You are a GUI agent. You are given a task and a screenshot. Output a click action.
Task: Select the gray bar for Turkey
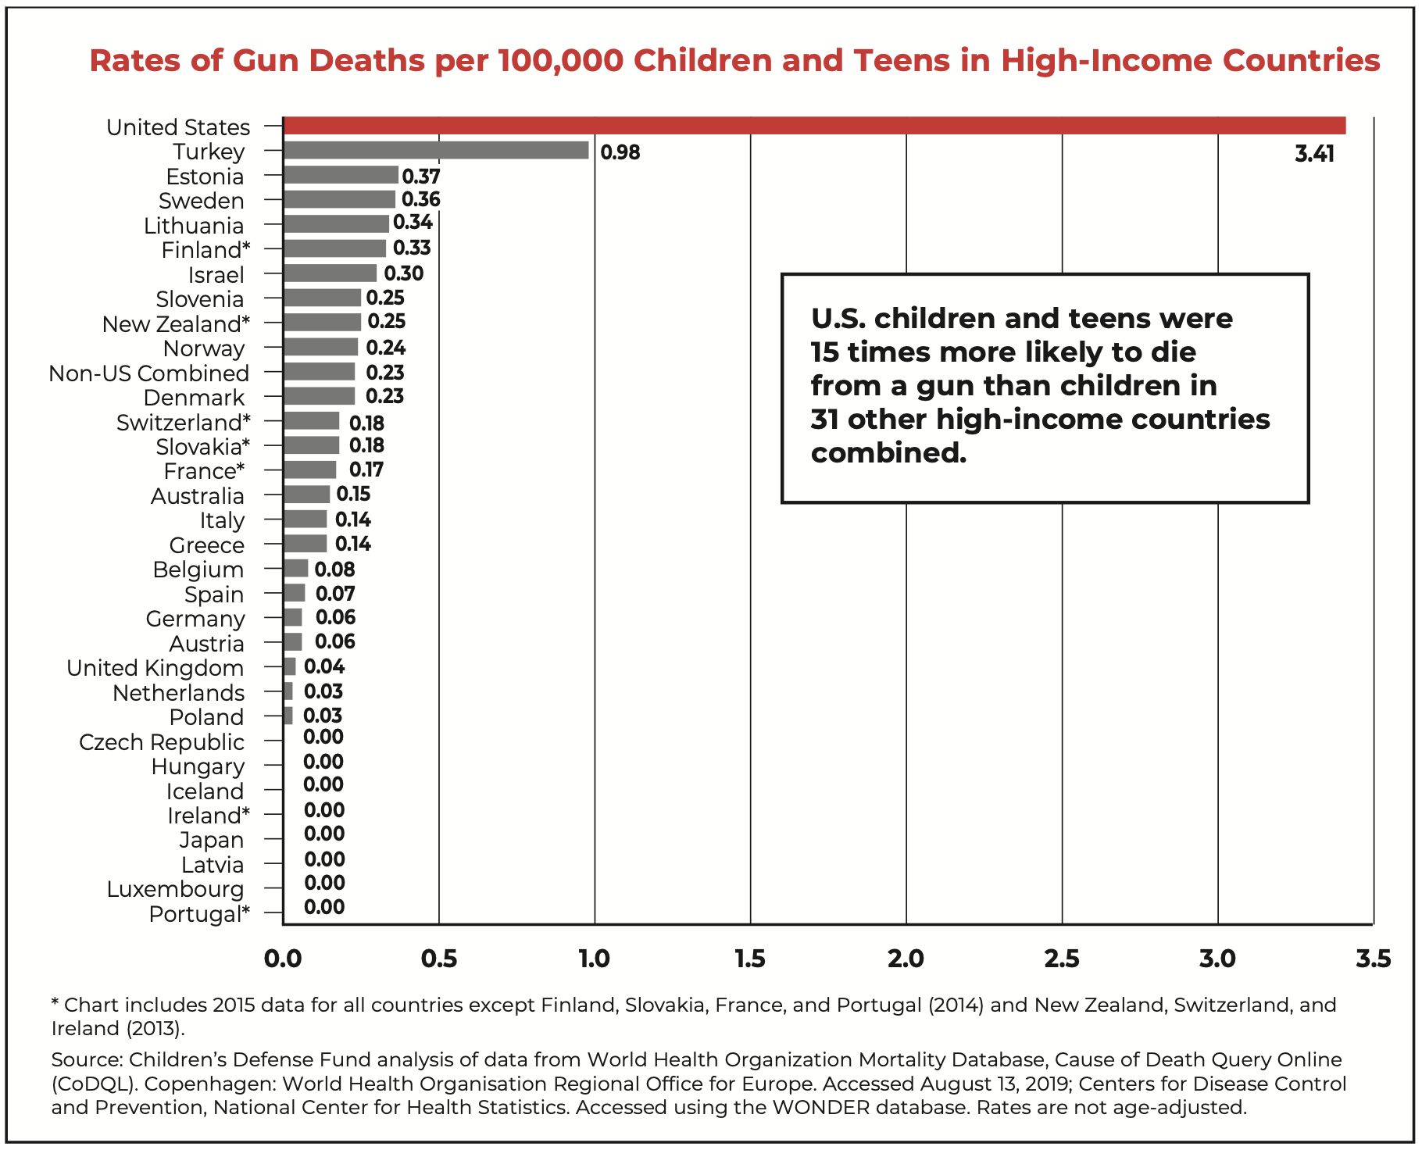436,150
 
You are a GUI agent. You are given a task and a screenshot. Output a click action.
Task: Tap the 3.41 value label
1314,154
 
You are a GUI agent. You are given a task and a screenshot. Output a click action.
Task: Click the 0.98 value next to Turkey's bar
620,152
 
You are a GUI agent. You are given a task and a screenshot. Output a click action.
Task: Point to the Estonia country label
205,177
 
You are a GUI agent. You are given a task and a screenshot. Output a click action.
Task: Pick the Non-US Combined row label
148,373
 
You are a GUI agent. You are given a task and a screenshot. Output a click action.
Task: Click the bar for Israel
330,273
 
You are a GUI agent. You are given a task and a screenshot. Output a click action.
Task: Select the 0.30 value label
403,273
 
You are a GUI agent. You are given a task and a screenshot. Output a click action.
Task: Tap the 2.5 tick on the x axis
1062,958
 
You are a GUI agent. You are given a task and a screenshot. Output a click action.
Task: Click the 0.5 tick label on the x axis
439,958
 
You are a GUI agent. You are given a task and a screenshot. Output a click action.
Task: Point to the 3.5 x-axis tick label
1373,958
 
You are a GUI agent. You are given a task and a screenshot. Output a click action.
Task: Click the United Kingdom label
155,668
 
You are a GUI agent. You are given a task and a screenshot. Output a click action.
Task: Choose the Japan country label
211,840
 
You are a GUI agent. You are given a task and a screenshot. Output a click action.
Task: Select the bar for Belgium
296,568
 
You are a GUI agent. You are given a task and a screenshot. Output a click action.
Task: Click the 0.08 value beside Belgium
334,570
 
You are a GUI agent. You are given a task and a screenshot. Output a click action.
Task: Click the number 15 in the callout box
824,352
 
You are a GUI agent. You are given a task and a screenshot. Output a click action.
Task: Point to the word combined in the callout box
888,453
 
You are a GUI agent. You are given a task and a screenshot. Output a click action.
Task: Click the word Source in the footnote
85,1059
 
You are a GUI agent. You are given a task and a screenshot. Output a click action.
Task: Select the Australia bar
306,495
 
